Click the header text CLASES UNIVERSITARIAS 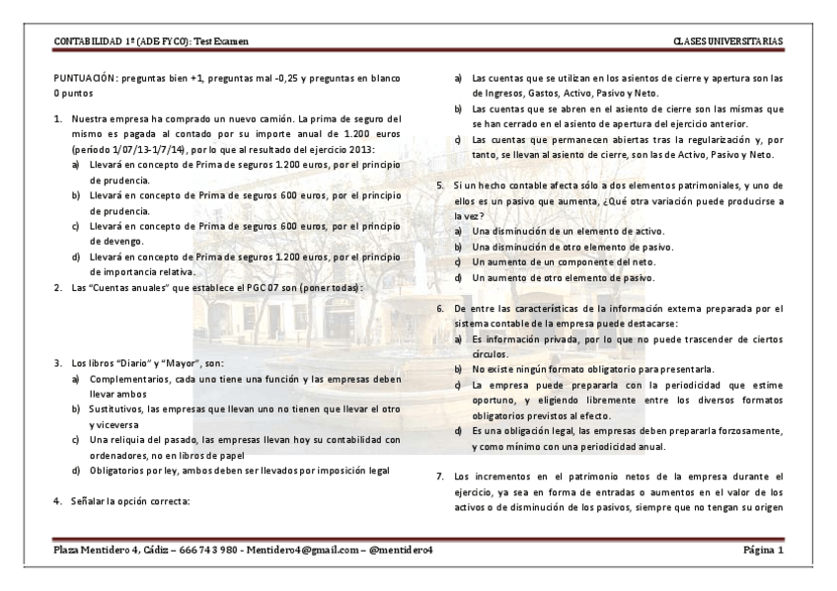727,40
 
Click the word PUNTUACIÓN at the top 87,76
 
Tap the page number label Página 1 762,550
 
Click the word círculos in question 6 493,352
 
